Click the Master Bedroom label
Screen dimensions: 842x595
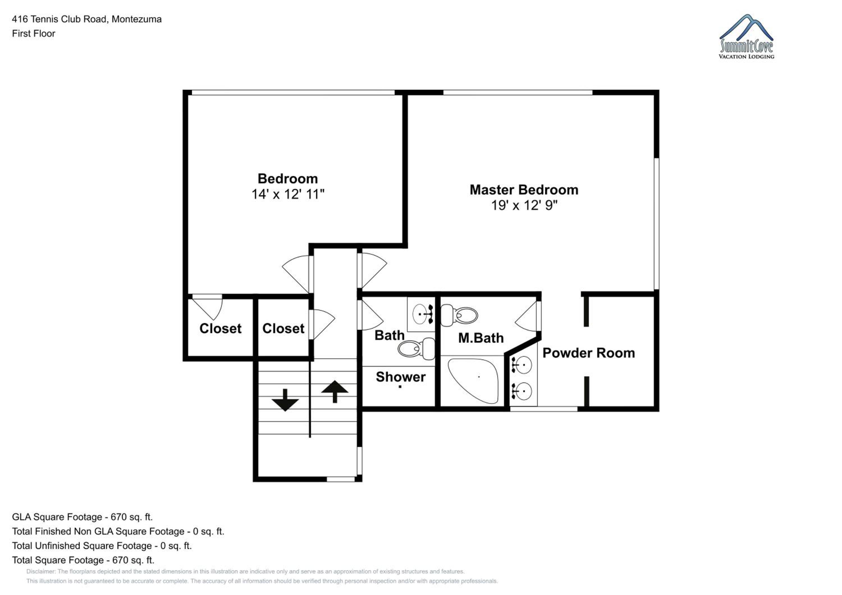(524, 190)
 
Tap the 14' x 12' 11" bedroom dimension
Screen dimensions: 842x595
(288, 194)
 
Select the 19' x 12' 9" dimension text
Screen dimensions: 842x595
(524, 205)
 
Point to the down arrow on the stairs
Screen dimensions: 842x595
(285, 400)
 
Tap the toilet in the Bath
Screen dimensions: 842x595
(416, 349)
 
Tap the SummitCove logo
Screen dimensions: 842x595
(747, 37)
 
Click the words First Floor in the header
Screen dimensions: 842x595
(33, 33)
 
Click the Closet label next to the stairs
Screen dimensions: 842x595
(283, 328)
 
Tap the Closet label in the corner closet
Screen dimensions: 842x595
(220, 328)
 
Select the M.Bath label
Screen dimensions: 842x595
(481, 338)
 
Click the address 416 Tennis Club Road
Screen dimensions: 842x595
(60, 19)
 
